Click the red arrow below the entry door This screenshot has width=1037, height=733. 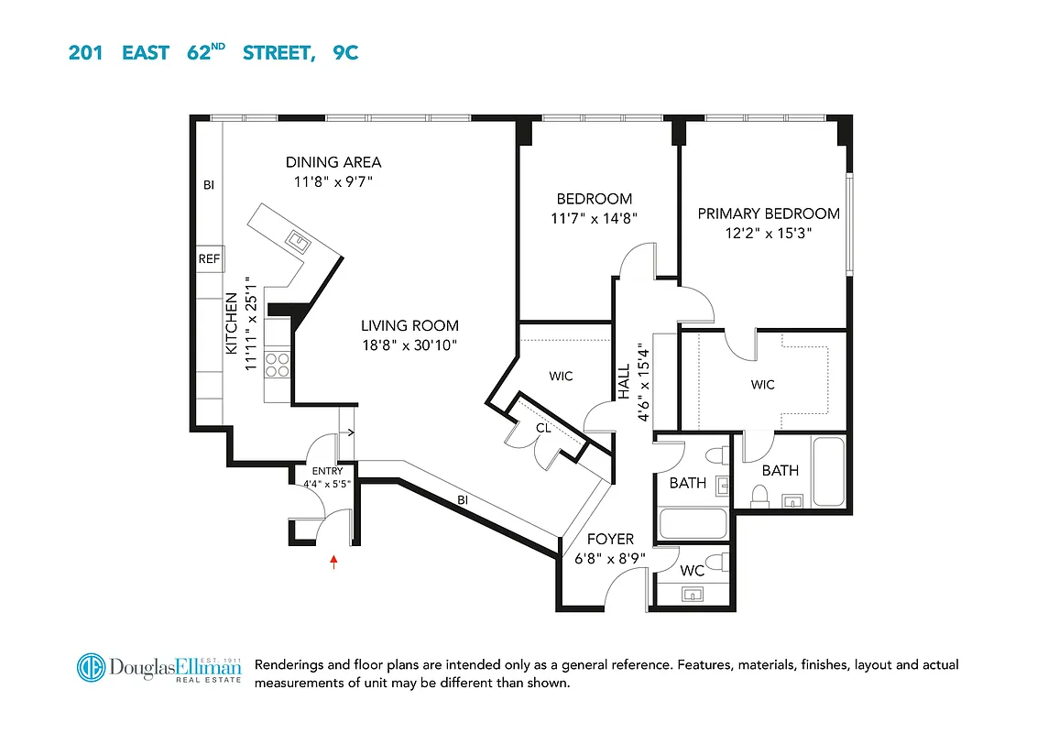coord(333,562)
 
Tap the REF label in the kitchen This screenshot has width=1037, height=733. coord(209,259)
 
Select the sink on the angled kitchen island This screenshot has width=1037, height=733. coord(299,242)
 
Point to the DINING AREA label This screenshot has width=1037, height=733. coord(333,162)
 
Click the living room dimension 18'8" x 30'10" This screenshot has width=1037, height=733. coord(409,345)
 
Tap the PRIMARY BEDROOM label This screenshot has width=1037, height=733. coord(769,213)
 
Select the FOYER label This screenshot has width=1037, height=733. coord(610,540)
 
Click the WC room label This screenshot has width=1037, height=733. coord(693,570)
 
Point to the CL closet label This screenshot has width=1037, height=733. coord(543,427)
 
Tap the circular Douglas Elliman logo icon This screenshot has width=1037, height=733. coord(91,668)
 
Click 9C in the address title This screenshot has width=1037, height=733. coord(345,52)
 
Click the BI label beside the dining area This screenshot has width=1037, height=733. coord(208,185)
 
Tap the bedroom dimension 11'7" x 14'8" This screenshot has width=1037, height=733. coord(594,218)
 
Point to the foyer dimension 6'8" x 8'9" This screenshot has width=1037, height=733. coord(610,558)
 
